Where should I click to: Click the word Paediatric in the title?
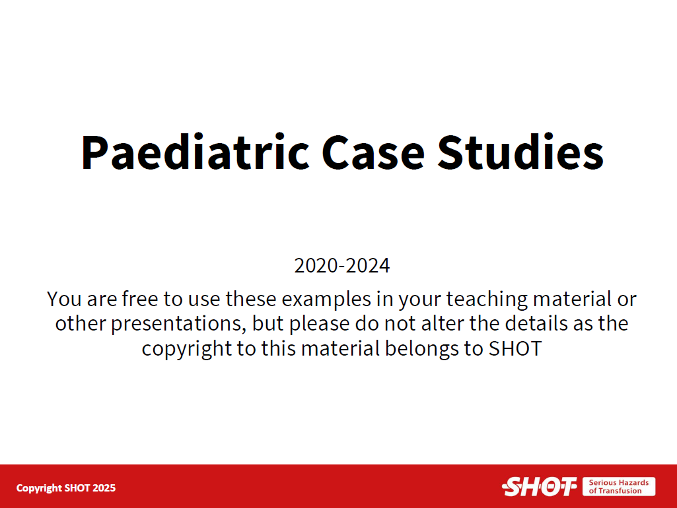click(195, 152)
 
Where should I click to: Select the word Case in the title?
click(373, 152)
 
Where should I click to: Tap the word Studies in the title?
click(520, 152)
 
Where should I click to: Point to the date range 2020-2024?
click(342, 265)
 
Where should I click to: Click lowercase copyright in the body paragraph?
click(186, 349)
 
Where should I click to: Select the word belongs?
click(421, 349)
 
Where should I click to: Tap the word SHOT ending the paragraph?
click(515, 348)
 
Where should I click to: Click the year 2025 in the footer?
click(104, 488)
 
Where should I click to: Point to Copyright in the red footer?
click(39, 489)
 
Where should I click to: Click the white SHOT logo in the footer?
click(539, 487)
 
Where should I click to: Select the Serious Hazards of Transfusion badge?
click(619, 486)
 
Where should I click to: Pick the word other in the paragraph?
click(81, 323)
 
